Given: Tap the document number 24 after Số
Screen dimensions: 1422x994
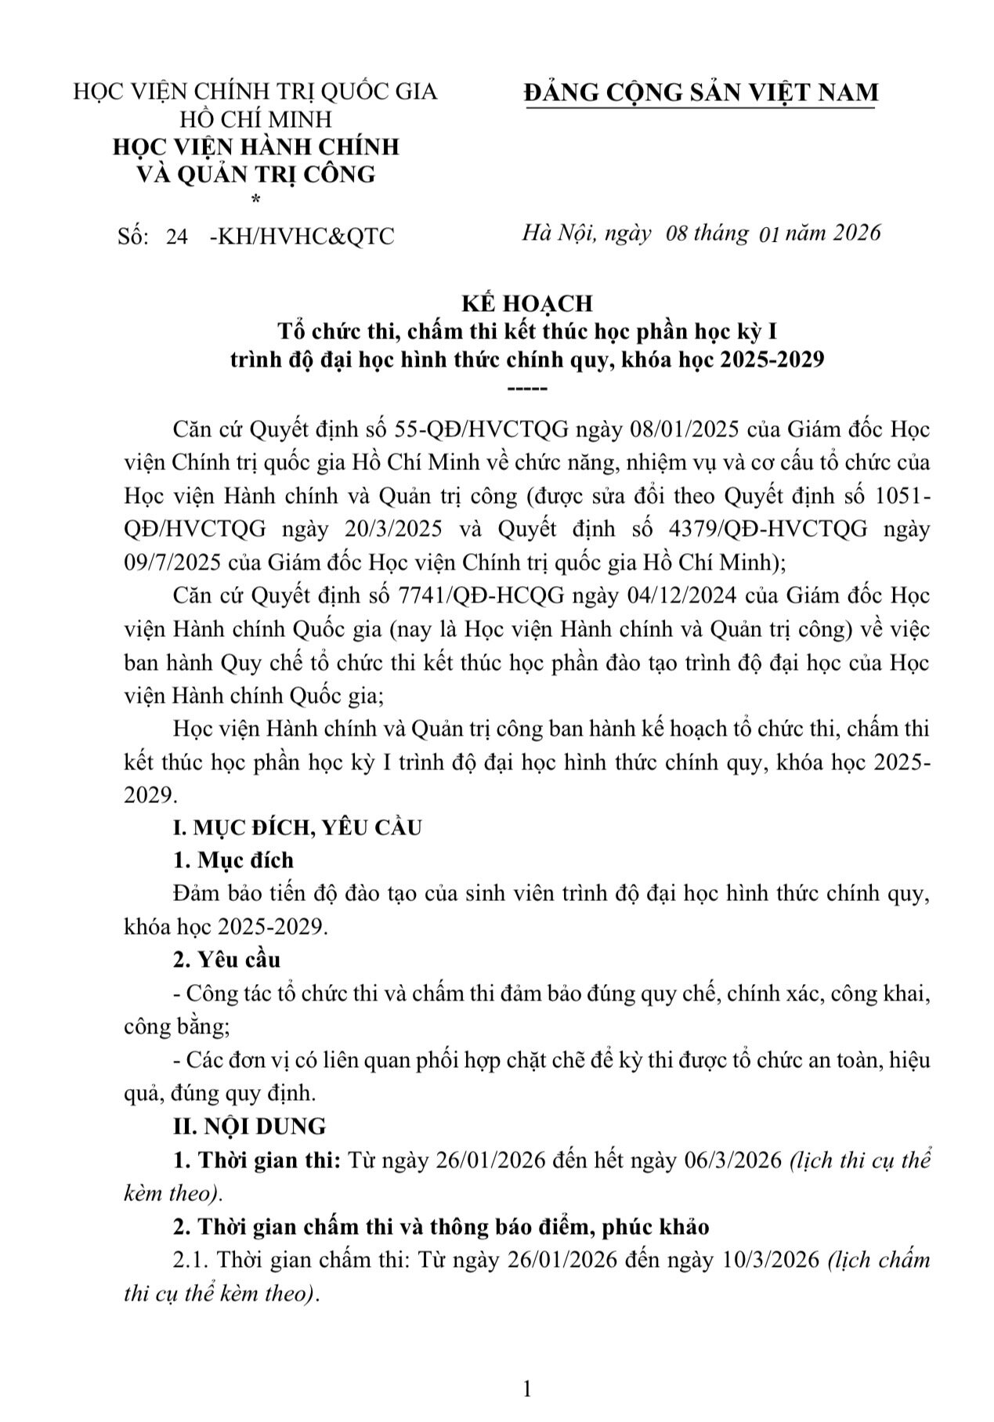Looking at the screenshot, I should [177, 236].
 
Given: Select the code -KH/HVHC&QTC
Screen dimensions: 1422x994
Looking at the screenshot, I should [302, 236].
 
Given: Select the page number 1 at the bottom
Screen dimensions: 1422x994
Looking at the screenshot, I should [526, 1389].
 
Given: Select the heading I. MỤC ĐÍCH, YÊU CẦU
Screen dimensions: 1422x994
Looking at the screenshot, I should [298, 827].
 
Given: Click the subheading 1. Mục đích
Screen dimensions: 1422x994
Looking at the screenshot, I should [233, 860].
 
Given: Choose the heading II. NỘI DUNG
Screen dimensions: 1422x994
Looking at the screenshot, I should [249, 1126].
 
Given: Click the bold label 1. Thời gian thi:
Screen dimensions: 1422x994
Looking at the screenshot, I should [256, 1160].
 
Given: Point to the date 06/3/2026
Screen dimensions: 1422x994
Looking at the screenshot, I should [732, 1160].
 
